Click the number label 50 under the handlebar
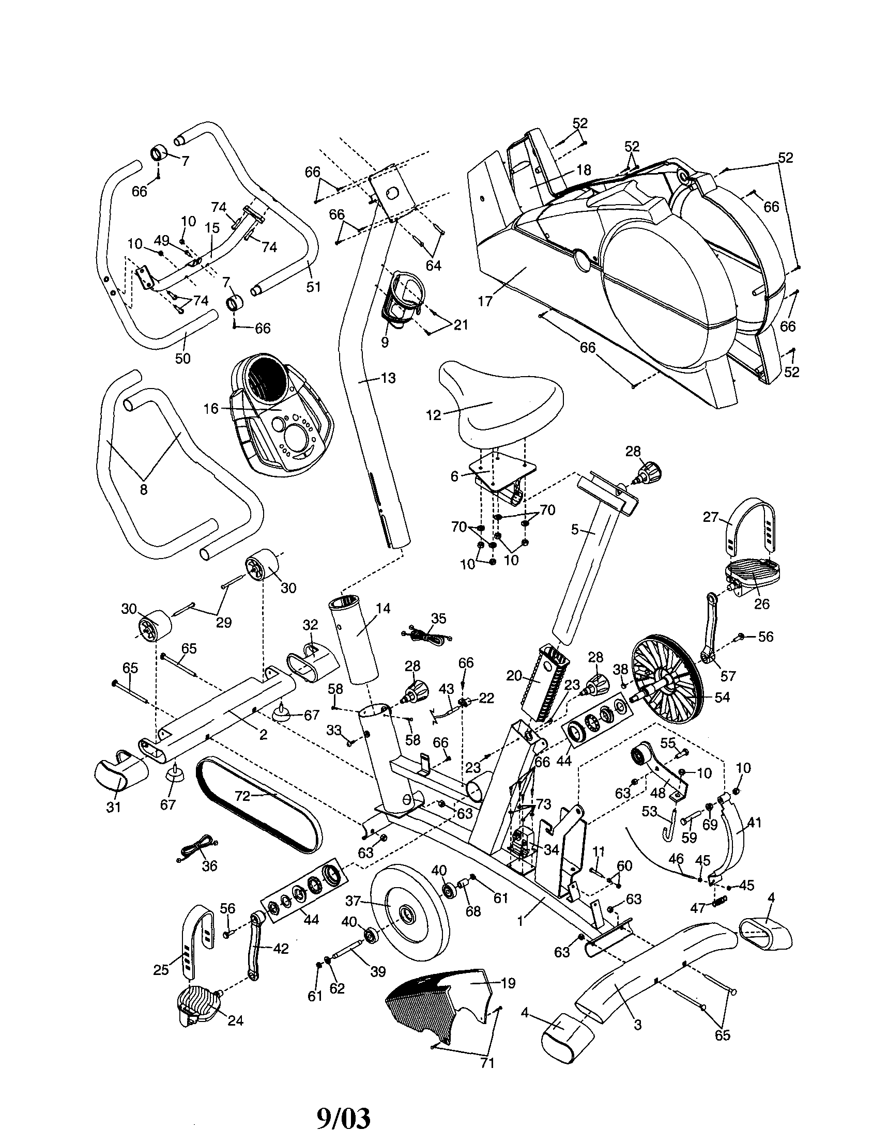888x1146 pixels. (x=182, y=359)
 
